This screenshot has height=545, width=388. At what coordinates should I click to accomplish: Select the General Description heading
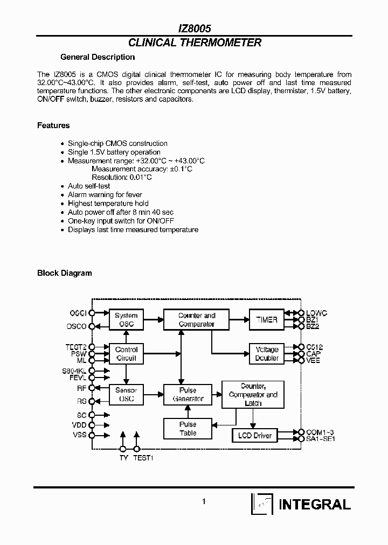point(98,57)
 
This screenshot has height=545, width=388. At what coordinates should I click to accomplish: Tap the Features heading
point(53,125)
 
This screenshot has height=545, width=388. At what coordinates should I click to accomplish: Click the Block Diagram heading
point(64,273)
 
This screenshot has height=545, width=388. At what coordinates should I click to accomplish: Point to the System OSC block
point(126,320)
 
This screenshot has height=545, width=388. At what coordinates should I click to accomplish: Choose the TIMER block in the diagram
point(267,320)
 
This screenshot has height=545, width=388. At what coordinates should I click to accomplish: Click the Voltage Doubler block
point(267,354)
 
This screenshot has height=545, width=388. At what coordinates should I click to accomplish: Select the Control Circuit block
point(126,354)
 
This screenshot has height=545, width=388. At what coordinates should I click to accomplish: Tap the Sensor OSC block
point(126,395)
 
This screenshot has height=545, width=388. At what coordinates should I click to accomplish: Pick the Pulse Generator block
point(188,395)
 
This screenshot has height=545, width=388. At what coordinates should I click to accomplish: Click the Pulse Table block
point(188,429)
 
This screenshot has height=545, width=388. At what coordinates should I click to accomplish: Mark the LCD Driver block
point(255,435)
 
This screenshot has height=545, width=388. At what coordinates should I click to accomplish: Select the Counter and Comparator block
point(197,320)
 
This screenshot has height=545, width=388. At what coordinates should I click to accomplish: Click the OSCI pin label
point(79,313)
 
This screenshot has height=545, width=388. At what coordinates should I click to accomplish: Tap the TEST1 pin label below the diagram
point(143,458)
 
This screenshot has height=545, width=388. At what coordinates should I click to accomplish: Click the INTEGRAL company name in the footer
point(315,505)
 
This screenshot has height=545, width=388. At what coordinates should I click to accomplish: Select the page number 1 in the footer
point(204,501)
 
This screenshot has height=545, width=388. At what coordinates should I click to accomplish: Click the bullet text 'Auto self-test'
point(89,186)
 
